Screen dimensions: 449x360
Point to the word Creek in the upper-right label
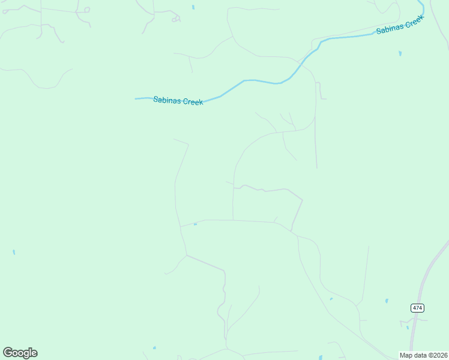pos(415,21)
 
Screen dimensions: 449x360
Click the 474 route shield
pos(418,308)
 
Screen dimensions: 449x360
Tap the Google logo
pos(20,353)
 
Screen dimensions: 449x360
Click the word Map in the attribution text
pos(406,355)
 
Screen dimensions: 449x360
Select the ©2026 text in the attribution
pos(438,355)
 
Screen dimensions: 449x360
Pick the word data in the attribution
pos(420,355)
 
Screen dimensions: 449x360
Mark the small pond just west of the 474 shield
pos(387,301)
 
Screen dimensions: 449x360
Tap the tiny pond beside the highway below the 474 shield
pos(408,328)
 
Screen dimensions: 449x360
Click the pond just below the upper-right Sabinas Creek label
pos(400,53)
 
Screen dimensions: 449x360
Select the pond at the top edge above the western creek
pos(193,7)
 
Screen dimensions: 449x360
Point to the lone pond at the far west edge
pos(14,252)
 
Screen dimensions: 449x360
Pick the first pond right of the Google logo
pos(154,347)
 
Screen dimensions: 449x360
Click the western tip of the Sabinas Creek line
pos(136,98)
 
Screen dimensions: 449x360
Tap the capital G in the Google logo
pos(8,353)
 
